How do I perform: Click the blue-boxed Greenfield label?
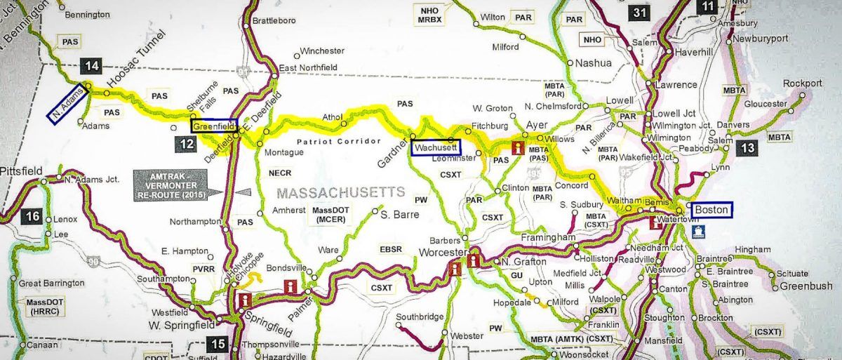tap(213, 126)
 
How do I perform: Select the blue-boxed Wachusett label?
tap(436, 148)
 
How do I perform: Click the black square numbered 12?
tap(182, 144)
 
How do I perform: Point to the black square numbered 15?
tap(218, 344)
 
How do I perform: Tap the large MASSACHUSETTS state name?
tap(341, 192)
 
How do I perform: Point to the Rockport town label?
tap(802, 84)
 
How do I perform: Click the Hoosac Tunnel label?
tap(136, 61)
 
